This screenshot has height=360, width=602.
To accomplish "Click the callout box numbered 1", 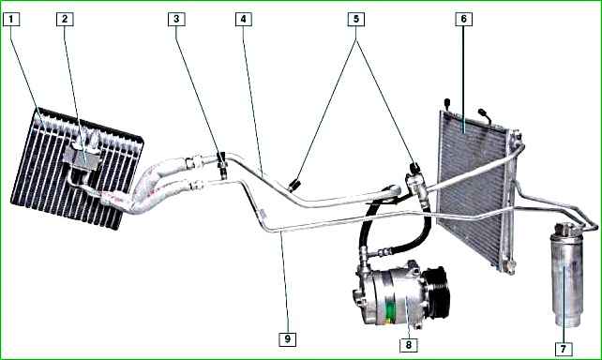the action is (11, 19).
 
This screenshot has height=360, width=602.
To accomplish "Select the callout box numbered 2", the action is (65, 19).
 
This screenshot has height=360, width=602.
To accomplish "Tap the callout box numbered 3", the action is (176, 19).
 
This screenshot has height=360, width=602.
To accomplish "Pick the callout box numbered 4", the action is (244, 19).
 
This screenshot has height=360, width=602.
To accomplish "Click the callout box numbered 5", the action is (356, 19).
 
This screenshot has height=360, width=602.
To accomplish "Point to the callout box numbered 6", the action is (464, 19).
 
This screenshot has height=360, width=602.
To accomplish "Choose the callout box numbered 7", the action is (564, 349).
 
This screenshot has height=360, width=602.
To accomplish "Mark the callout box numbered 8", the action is (409, 345).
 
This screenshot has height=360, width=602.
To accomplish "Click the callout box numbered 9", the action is (288, 338).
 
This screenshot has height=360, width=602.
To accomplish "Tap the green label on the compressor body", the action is (390, 310).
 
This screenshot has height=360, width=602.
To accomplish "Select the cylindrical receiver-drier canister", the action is (566, 275).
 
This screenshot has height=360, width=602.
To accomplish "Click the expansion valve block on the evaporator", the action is (82, 156).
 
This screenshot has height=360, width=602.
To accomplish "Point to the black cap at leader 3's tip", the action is (222, 157).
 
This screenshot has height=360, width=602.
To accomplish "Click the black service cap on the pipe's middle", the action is (294, 185).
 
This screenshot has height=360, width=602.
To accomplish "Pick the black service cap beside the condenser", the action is (414, 167).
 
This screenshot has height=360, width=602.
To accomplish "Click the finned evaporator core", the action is (76, 169).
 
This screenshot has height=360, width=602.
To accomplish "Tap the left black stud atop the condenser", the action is (447, 103).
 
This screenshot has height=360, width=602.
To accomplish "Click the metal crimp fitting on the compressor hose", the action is (382, 252).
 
